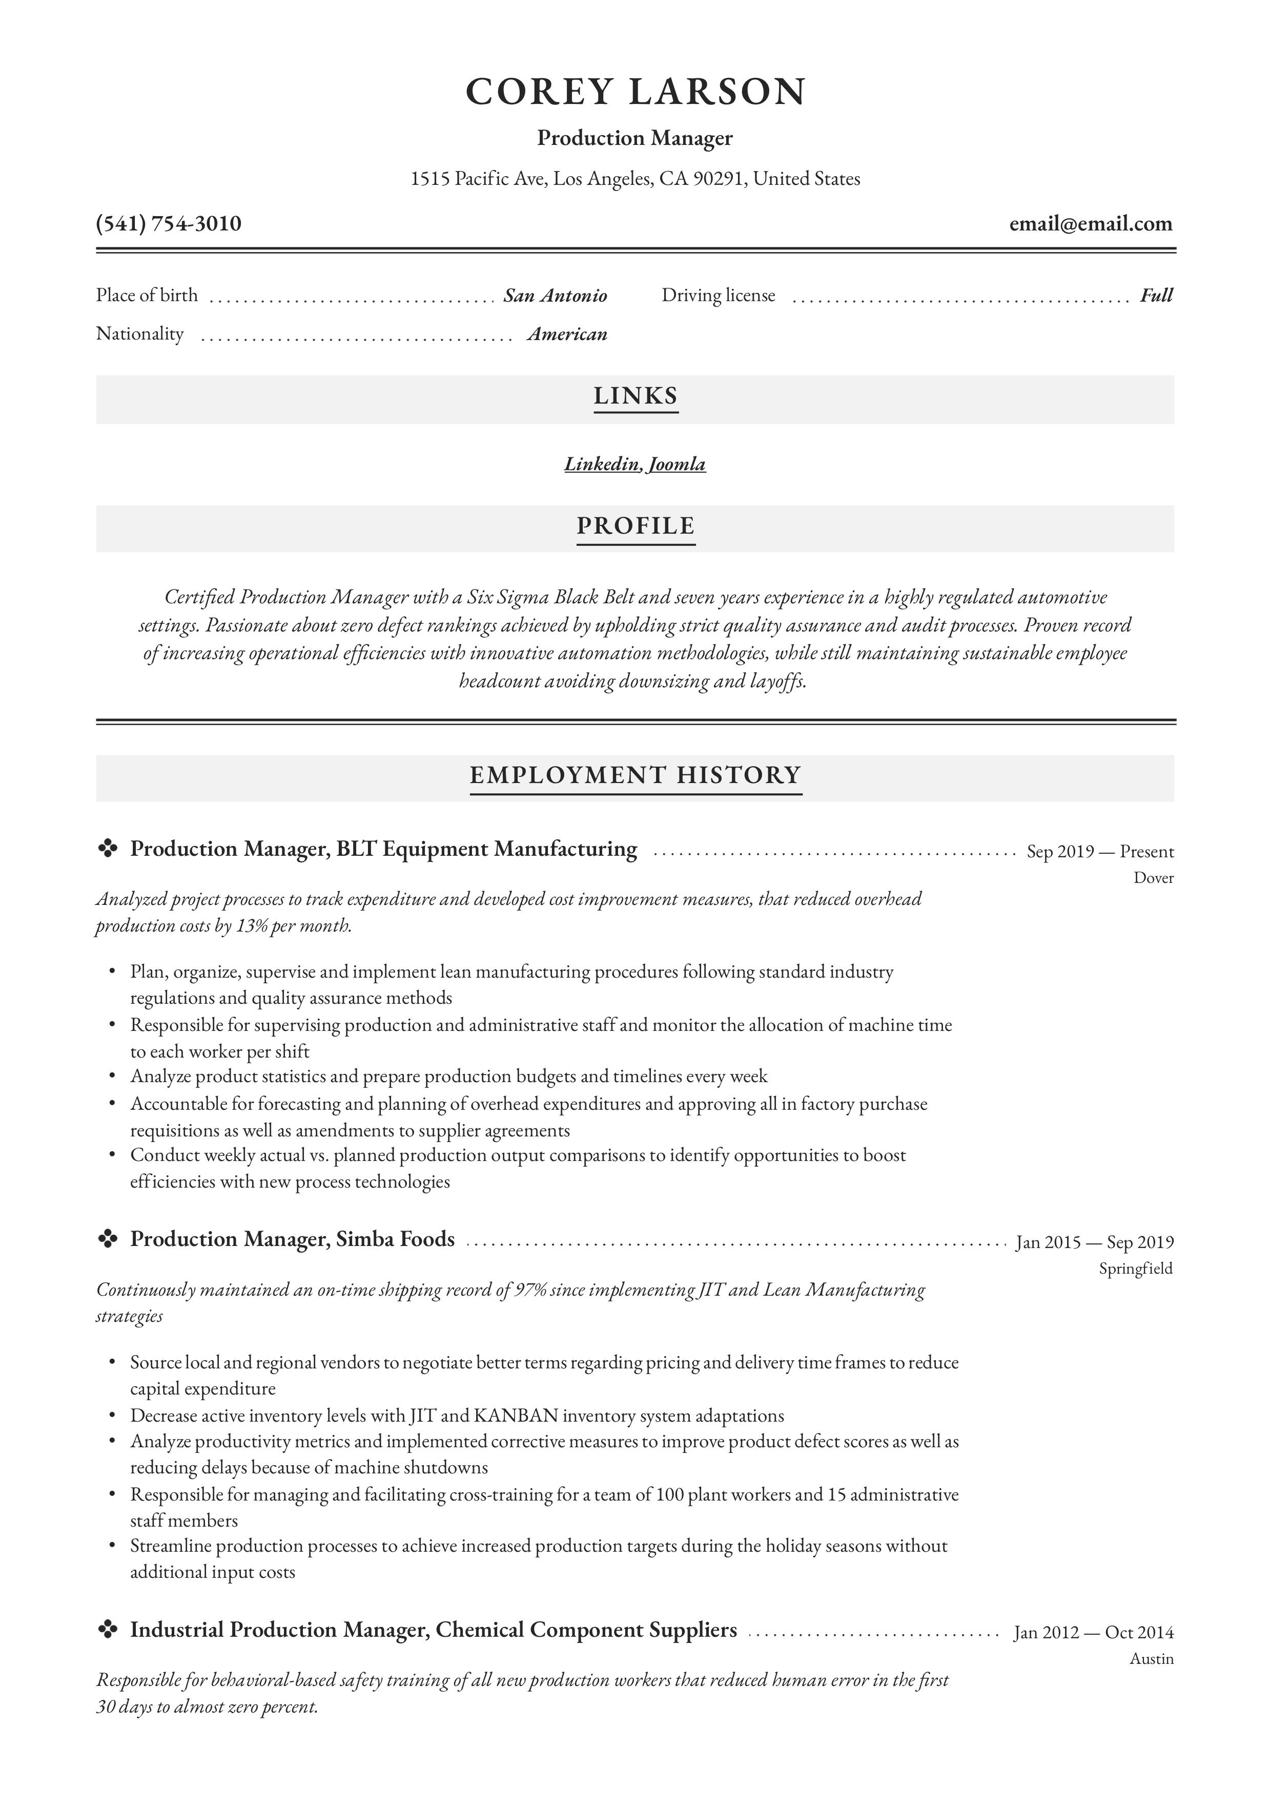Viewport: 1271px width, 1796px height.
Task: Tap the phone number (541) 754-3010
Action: tap(168, 224)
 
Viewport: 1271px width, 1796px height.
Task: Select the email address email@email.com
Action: tap(1090, 224)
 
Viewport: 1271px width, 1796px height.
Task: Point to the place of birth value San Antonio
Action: tap(555, 295)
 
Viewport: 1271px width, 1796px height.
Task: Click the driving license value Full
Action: tap(1156, 295)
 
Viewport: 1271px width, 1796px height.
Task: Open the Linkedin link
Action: tap(602, 464)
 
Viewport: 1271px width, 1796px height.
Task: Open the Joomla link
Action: tap(677, 464)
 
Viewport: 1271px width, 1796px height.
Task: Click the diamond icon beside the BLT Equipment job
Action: tap(107, 848)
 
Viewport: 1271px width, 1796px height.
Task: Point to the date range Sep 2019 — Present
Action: tap(1100, 851)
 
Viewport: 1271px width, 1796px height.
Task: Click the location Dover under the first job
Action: tap(1153, 878)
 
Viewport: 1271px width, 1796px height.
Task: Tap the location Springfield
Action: tap(1135, 1269)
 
